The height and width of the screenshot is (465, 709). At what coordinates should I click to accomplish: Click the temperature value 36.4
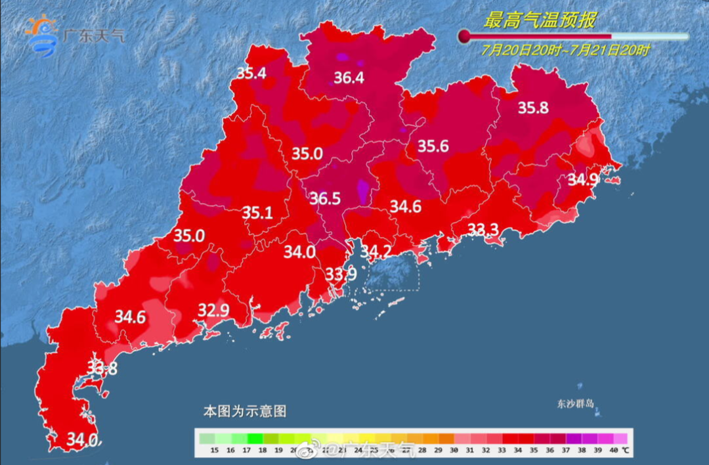coord(349,78)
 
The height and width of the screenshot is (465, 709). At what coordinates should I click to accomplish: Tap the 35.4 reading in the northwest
coord(251,74)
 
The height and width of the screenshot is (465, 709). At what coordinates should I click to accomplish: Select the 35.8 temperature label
coord(532,108)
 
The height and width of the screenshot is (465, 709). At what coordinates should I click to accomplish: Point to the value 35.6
coord(433,146)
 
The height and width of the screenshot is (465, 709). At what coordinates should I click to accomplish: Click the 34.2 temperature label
coord(376,252)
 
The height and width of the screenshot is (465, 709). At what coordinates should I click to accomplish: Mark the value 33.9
coord(341,273)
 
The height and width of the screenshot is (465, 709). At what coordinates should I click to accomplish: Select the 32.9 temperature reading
coord(213,311)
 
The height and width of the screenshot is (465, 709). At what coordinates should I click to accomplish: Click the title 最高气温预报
coord(540,20)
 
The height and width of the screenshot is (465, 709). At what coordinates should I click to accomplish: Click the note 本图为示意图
coord(244,412)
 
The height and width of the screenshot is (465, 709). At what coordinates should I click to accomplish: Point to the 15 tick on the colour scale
coord(214,451)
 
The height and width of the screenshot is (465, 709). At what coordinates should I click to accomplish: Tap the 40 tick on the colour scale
coord(613,451)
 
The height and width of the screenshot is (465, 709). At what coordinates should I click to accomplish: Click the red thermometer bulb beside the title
coord(465,35)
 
